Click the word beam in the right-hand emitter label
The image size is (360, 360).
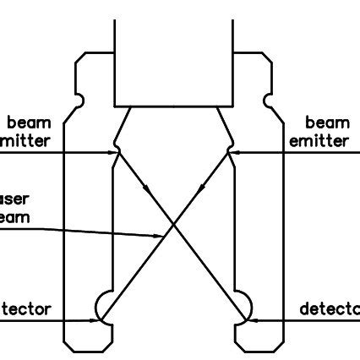coord(327,124)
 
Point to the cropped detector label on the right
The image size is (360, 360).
coord(330,308)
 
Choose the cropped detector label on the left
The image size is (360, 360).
coord(25,308)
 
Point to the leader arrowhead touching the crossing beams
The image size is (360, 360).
coord(165,235)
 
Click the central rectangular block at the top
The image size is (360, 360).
coord(173,59)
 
